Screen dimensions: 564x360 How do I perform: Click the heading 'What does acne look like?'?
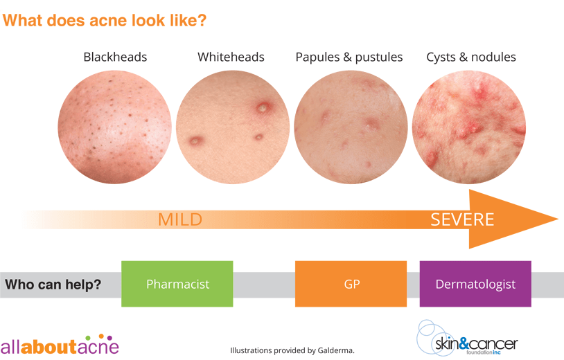[x=105, y=21]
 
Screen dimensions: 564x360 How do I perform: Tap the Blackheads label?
[x=115, y=57]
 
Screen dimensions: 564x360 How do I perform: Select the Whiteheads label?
[x=231, y=57]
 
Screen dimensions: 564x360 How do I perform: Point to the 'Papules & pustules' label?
[x=349, y=57]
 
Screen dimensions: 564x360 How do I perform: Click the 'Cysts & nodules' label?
[x=471, y=57]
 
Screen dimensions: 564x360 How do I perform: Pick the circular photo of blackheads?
[x=115, y=127]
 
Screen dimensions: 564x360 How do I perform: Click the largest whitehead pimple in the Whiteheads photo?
[x=263, y=108]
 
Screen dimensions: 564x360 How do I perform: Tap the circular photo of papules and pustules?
[x=351, y=127]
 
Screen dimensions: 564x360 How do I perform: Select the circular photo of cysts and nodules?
[x=469, y=127]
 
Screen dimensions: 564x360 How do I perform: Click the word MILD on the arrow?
[x=180, y=219]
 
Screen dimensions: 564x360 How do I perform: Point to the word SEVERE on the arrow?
[x=462, y=219]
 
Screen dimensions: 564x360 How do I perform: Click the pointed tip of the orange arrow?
[x=558, y=219]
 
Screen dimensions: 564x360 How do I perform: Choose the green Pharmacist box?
[x=177, y=284]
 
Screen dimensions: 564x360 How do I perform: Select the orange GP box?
[x=351, y=284]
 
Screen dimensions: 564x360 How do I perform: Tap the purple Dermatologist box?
[x=475, y=284]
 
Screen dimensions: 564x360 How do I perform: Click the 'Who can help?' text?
[x=53, y=285]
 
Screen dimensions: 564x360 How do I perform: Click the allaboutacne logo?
[x=60, y=345]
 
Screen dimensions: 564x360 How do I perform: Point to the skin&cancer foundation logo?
[x=467, y=339]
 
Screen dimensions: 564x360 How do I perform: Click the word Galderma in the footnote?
[x=335, y=350]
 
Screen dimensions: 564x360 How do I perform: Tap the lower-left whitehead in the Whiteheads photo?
[x=195, y=141]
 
